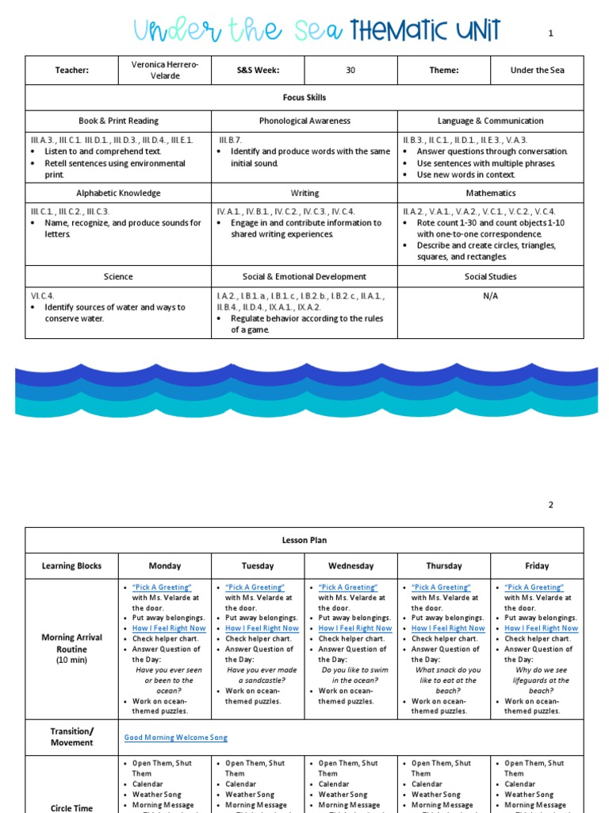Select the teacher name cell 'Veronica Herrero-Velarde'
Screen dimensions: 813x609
[165, 70]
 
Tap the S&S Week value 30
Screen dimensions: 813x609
[350, 70]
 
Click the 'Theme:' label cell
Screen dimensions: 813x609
[444, 70]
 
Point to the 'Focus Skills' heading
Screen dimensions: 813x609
[304, 98]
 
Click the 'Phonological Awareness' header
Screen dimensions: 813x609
[304, 121]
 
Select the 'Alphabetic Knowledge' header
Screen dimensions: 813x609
[118, 193]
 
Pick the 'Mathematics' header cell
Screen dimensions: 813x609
[490, 193]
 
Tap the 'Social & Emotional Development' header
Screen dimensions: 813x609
[304, 276]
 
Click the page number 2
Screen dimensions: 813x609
[550, 505]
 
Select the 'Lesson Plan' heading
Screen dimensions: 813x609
[304, 540]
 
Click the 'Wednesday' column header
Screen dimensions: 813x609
[350, 566]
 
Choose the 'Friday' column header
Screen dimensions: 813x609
[537, 566]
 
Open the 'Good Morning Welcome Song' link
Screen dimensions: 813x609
[175, 738]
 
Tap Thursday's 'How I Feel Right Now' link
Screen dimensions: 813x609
[448, 628]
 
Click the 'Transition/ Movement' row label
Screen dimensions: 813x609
[71, 737]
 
